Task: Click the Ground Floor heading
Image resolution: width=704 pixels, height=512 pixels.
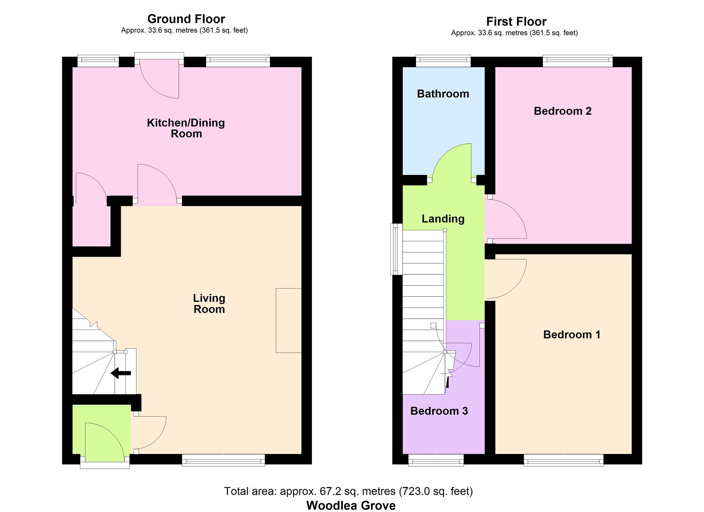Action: [x=186, y=19]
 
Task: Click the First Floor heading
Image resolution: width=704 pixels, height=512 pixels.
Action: [x=516, y=21]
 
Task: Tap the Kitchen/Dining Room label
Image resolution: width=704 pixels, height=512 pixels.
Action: [x=186, y=128]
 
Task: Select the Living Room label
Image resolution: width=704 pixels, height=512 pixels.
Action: [x=209, y=304]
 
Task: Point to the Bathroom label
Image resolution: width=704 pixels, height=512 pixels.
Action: [x=443, y=94]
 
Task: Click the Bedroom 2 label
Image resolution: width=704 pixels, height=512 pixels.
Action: [x=562, y=111]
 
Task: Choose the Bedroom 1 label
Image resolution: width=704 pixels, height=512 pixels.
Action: [x=572, y=335]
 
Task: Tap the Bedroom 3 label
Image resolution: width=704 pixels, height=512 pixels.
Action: [x=439, y=411]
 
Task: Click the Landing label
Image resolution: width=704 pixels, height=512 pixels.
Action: [x=443, y=219]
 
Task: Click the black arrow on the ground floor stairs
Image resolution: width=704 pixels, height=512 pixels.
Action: [x=121, y=373]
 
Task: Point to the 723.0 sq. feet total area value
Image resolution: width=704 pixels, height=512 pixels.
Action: [x=436, y=491]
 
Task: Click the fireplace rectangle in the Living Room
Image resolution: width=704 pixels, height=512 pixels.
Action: [x=288, y=320]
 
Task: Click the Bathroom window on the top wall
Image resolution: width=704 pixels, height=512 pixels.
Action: [x=443, y=61]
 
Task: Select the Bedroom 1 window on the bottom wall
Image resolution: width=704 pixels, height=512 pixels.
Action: [x=564, y=460]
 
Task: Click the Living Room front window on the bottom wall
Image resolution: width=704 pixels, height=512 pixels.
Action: [x=223, y=460]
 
